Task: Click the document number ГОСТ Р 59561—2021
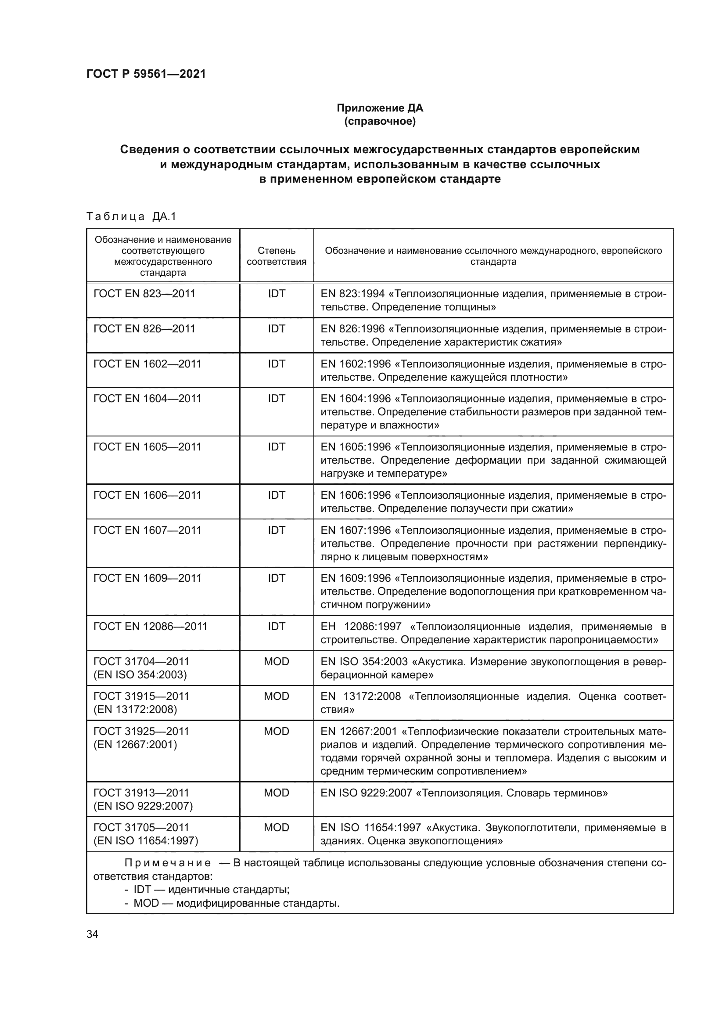[146, 74]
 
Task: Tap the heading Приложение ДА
[380, 108]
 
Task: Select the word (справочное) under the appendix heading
[380, 121]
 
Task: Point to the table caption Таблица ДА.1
[131, 216]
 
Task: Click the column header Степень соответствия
[276, 256]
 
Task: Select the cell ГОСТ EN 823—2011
[144, 294]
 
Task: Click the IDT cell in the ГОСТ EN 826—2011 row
[276, 329]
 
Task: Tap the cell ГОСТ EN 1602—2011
[147, 364]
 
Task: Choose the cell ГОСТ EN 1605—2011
[147, 447]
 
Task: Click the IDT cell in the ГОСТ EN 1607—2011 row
[276, 530]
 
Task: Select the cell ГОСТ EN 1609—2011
[147, 578]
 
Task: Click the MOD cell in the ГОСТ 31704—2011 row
[276, 661]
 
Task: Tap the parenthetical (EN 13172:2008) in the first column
[135, 710]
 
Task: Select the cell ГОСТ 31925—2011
[141, 732]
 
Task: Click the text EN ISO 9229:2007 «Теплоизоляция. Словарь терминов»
[464, 793]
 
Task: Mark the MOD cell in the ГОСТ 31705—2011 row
[276, 828]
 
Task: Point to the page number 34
[92, 934]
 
